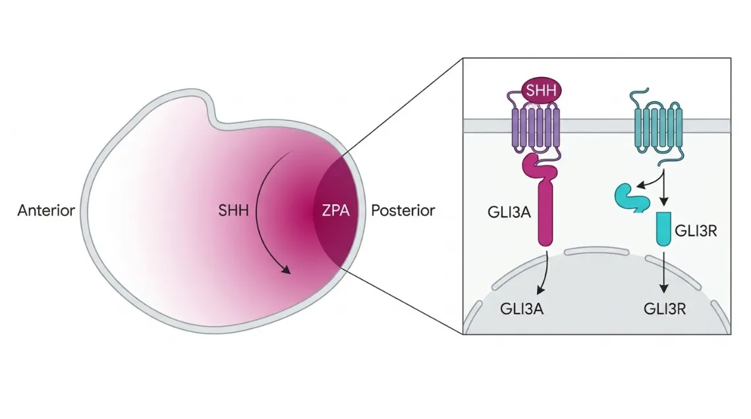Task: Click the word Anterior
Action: pyautogui.click(x=46, y=210)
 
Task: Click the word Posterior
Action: pyautogui.click(x=403, y=210)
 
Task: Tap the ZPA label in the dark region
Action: pyautogui.click(x=335, y=210)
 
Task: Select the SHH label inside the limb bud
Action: pyautogui.click(x=233, y=210)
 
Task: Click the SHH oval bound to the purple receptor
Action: pyautogui.click(x=542, y=90)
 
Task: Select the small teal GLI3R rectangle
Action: pyautogui.click(x=663, y=229)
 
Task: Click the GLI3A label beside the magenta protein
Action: pyautogui.click(x=509, y=212)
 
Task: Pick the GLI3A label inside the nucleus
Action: pyautogui.click(x=522, y=309)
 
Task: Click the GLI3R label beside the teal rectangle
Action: pyautogui.click(x=696, y=231)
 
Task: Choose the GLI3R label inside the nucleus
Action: pyautogui.click(x=664, y=309)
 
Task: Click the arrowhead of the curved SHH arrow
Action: pyautogui.click(x=286, y=269)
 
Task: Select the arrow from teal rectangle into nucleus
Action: pyautogui.click(x=663, y=272)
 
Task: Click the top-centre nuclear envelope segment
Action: pyautogui.click(x=596, y=250)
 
